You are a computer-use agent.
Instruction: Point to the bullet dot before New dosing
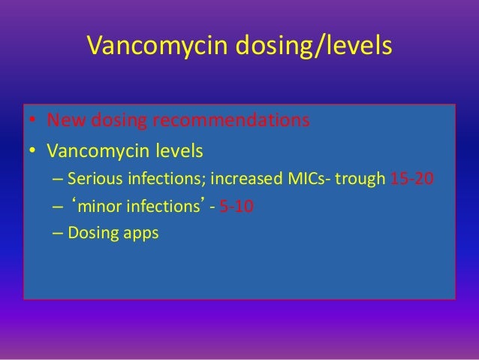[x=33, y=122]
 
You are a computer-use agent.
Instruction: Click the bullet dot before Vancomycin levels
[x=33, y=153]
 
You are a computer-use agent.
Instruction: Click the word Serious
[x=92, y=180]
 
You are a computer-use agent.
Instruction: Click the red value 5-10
[x=236, y=207]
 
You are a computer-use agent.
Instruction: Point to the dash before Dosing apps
[x=58, y=233]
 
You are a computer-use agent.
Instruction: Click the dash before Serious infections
[x=58, y=180]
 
